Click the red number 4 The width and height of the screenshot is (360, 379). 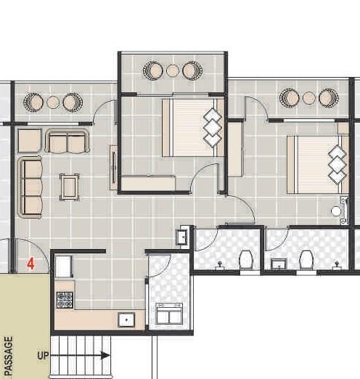(x=31, y=264)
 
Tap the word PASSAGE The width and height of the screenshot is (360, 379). (x=9, y=356)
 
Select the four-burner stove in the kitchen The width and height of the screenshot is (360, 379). (x=65, y=298)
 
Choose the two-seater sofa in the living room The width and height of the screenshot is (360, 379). (x=67, y=142)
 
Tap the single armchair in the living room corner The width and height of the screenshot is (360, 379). (x=29, y=140)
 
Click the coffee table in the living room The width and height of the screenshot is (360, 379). (x=70, y=186)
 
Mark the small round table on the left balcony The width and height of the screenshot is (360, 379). (x=52, y=102)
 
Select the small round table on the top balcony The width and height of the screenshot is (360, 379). (x=172, y=70)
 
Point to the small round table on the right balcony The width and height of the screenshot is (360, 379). (x=309, y=98)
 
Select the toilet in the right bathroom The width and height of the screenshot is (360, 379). (x=306, y=259)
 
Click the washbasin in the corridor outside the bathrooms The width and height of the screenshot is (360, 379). (x=183, y=237)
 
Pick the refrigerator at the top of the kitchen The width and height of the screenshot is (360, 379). (x=62, y=266)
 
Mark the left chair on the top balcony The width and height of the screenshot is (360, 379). (x=153, y=70)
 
